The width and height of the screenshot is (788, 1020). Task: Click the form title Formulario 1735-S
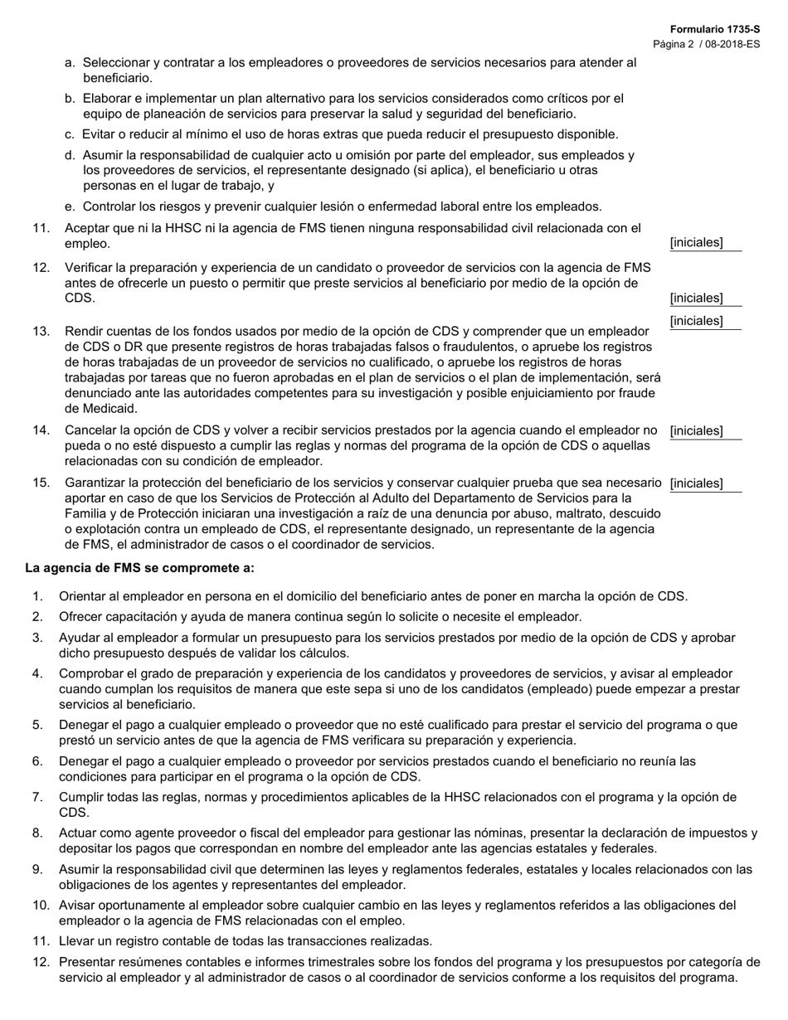[x=714, y=29]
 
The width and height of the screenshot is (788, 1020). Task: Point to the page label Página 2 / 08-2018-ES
[x=706, y=44]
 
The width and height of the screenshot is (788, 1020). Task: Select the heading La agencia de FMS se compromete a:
[x=139, y=568]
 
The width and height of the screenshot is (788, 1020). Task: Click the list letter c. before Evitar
[x=70, y=134]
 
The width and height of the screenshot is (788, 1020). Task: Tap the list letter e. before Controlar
[x=71, y=206]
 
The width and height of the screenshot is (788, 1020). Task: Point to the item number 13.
[x=41, y=331]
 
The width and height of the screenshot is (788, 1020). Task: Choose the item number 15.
[x=41, y=483]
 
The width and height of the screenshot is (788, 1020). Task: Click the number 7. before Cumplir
[x=38, y=797]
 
